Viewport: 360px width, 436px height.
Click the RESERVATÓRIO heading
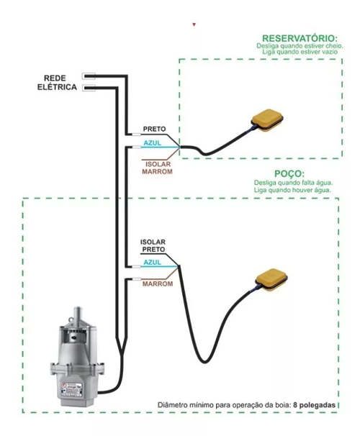click(x=300, y=38)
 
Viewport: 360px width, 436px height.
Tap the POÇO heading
click(x=289, y=174)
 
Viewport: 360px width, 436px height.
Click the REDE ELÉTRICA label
click(x=57, y=83)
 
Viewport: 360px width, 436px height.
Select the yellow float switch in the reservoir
click(x=267, y=120)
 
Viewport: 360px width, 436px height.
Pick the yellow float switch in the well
click(x=271, y=281)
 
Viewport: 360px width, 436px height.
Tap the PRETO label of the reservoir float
click(x=154, y=129)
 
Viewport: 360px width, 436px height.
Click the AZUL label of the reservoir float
click(x=152, y=143)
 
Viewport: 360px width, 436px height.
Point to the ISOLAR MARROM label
click(x=157, y=168)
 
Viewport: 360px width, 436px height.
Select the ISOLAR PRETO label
click(x=153, y=246)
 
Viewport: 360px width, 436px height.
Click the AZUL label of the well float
click(x=152, y=262)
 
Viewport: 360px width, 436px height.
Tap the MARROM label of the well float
click(x=158, y=284)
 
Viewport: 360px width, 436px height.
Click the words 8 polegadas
click(x=314, y=405)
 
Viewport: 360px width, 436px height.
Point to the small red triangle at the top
click(x=194, y=24)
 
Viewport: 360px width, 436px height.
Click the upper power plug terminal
click(x=89, y=76)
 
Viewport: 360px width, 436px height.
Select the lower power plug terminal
click(x=89, y=88)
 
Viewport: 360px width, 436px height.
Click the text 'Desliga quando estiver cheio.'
click(x=300, y=46)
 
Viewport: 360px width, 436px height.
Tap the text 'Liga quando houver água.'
click(x=292, y=190)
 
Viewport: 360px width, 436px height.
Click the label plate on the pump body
click(x=71, y=389)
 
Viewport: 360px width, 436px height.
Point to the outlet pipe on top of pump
click(x=78, y=314)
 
